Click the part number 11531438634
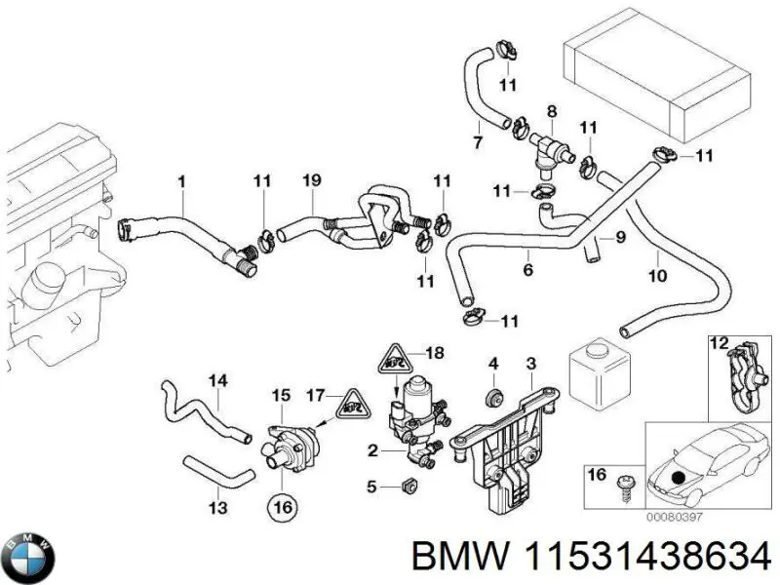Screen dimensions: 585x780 592,558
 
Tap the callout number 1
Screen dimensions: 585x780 180,180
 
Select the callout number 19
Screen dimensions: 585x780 311,180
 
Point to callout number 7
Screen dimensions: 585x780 478,141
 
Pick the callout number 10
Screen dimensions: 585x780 658,276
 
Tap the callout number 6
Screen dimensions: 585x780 526,270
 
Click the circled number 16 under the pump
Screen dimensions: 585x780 281,507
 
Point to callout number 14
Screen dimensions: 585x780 217,379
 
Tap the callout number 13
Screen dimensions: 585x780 217,507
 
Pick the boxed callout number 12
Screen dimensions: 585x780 719,343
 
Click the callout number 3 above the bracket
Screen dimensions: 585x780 530,365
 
